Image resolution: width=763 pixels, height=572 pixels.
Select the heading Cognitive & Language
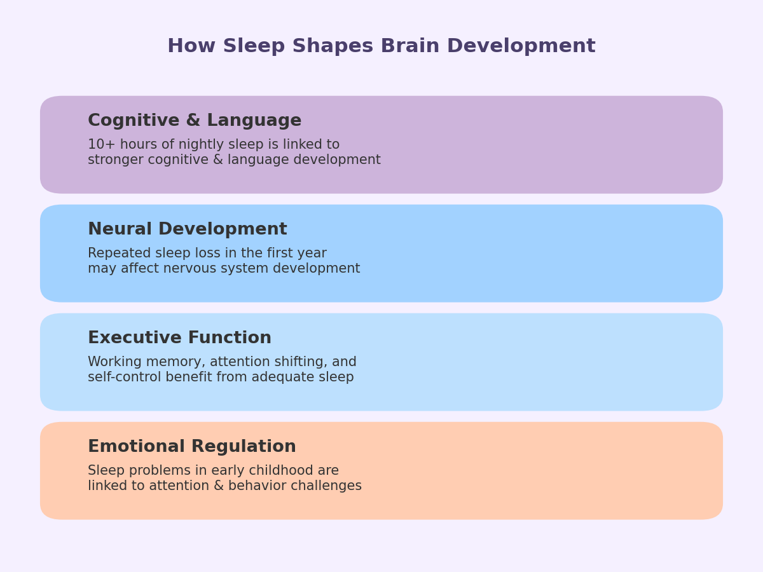(x=195, y=121)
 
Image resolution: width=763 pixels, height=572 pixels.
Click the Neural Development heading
(x=188, y=229)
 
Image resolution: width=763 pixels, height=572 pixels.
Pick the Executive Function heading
(x=179, y=338)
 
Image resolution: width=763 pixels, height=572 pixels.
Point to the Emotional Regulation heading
(x=192, y=447)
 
